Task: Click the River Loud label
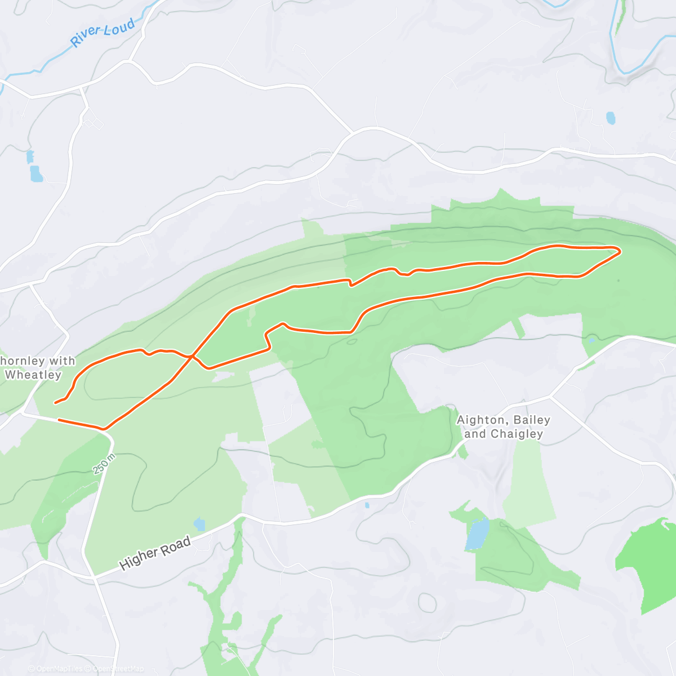[103, 33]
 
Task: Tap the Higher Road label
[155, 553]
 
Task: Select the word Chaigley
[517, 434]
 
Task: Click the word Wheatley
[33, 375]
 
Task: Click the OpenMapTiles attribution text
[59, 669]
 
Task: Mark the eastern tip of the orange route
[620, 251]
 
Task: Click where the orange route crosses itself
[192, 356]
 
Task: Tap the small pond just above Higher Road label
[199, 524]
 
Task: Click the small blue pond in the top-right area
[611, 118]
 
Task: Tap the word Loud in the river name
[119, 27]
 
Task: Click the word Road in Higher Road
[175, 545]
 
